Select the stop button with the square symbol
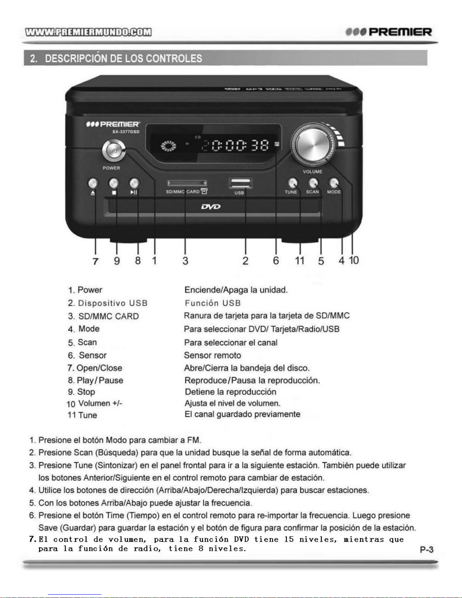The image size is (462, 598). pos(114,184)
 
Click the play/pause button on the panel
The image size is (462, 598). pos(134,184)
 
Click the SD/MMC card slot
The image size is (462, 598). pos(187,184)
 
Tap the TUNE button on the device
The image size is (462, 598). pos(292,183)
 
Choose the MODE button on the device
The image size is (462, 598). pos(333,183)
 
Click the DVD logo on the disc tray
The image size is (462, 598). pos(211,207)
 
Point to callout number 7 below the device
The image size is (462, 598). pos(95,261)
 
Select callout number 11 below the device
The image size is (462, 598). pos(300,261)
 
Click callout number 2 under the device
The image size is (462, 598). pos(246,261)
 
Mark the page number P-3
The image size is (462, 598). pos(427,550)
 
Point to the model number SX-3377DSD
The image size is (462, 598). pos(126,132)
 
